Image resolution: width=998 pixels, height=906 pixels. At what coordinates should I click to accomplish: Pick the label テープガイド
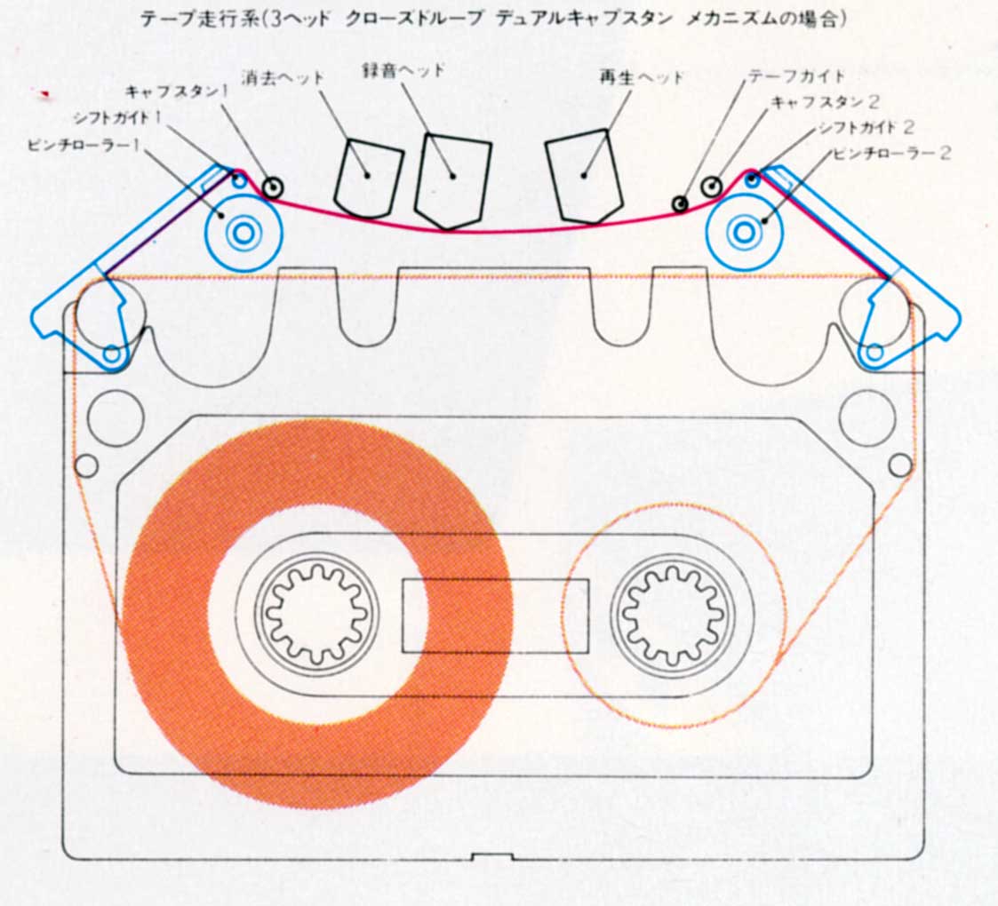tap(796, 76)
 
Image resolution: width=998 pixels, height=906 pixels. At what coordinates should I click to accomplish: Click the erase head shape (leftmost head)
tap(367, 179)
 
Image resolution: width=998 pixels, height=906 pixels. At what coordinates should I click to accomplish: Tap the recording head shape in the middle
tap(452, 179)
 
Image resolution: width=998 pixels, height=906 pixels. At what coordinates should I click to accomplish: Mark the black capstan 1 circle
tap(272, 187)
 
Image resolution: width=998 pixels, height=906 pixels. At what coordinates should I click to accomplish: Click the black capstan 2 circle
tap(712, 187)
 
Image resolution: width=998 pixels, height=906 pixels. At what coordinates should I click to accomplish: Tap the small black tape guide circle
tap(679, 204)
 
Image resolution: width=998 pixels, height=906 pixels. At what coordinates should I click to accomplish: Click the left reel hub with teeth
tap(317, 614)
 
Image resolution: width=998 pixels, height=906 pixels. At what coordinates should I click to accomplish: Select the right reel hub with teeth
tap(675, 614)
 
